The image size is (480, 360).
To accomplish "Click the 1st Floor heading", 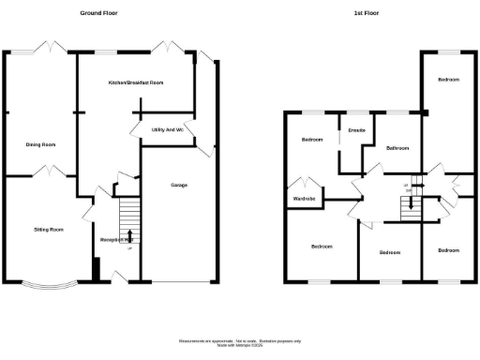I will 367,14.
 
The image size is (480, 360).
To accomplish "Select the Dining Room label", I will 41,144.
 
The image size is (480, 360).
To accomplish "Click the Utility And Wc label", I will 167,129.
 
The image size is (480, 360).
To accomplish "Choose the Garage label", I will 178,186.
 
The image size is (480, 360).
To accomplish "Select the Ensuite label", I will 357,130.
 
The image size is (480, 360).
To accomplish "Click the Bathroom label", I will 398,148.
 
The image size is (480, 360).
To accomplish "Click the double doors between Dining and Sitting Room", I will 44,172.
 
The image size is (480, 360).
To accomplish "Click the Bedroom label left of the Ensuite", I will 312,140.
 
